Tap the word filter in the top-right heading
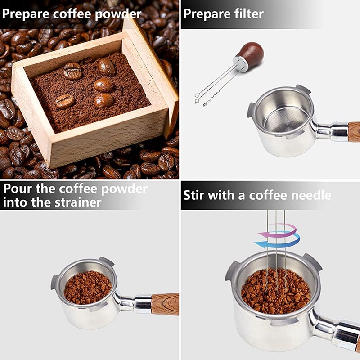247,13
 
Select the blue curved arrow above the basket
279,243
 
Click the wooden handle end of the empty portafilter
354,132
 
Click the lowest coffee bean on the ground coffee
65,101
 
